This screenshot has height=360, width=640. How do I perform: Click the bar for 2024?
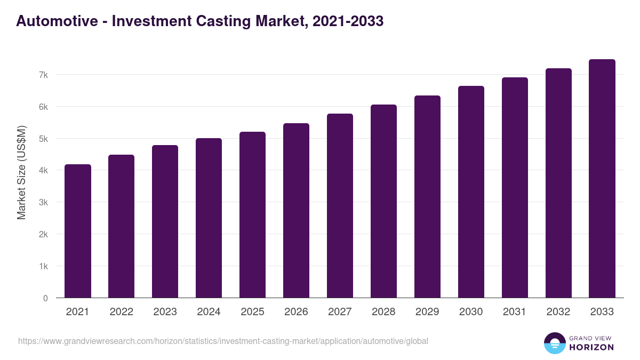(209, 218)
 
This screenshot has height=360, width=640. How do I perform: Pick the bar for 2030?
(471, 192)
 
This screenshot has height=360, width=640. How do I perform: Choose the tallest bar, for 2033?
(602, 179)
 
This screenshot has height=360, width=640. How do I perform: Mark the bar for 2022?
(121, 226)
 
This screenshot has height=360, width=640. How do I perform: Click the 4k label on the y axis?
(43, 171)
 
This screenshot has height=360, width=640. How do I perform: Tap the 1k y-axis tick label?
(43, 266)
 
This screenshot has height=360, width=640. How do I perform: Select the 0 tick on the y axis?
(45, 298)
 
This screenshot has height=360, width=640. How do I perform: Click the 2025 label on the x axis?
(252, 312)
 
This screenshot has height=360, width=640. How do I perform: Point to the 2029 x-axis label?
(427, 312)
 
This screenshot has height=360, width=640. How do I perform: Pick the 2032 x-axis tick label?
(558, 312)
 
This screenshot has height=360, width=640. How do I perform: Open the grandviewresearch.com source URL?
(223, 341)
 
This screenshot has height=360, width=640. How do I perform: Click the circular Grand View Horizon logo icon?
(555, 343)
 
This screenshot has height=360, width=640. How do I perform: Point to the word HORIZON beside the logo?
(591, 347)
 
